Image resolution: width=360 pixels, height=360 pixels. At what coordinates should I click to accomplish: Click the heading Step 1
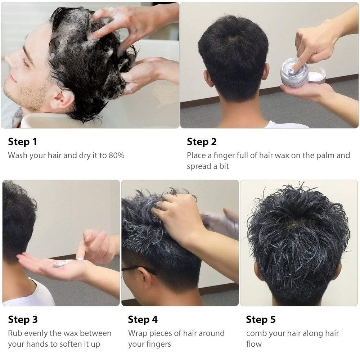coord(22,141)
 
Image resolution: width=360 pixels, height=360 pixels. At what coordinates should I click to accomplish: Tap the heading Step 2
coord(202,141)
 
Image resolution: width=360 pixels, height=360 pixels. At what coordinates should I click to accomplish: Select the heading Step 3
coord(23,319)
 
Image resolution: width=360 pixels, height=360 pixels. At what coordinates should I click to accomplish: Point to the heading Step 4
coord(143,319)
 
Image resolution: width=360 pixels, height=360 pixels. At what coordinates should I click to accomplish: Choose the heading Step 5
coord(261,319)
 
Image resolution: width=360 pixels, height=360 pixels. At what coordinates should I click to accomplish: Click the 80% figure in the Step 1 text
coord(116,156)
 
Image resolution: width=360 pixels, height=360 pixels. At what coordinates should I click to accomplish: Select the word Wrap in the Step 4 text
coord(138,333)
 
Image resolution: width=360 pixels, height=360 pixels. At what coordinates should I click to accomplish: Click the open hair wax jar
coord(302,73)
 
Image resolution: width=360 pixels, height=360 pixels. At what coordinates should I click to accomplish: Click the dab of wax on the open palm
coord(62,263)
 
